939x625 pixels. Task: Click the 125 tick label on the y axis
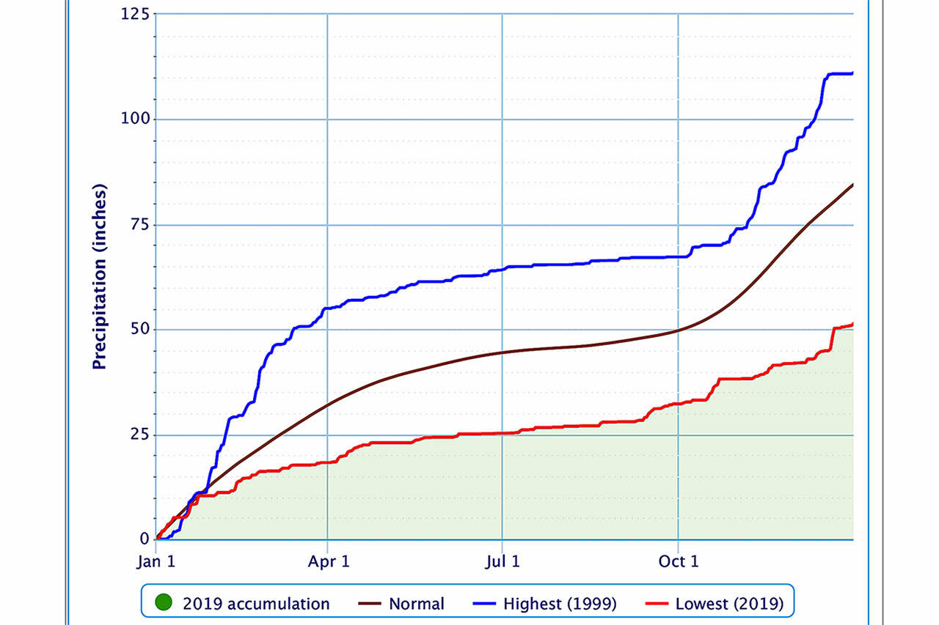click(x=136, y=14)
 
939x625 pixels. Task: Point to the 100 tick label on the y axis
click(x=136, y=119)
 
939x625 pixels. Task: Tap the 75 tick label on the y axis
click(x=139, y=224)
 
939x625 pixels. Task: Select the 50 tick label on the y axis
click(x=139, y=329)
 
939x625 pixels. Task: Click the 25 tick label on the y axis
click(x=139, y=434)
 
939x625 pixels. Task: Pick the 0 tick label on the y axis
click(x=144, y=539)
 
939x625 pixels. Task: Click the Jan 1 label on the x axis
click(x=156, y=562)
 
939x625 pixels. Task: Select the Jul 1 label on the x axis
click(x=503, y=562)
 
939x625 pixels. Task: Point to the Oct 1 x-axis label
click(x=678, y=562)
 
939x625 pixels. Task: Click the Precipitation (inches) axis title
click(x=100, y=277)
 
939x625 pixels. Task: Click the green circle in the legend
click(x=164, y=604)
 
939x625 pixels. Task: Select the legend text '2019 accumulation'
click(x=256, y=604)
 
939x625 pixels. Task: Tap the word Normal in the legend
click(x=417, y=604)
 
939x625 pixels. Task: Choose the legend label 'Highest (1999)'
click(x=560, y=604)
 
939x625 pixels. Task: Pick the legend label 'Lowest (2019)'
click(x=729, y=604)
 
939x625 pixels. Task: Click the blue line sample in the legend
click(x=483, y=604)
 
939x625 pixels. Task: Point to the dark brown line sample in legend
click(x=368, y=604)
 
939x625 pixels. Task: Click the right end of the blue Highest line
click(x=852, y=73)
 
